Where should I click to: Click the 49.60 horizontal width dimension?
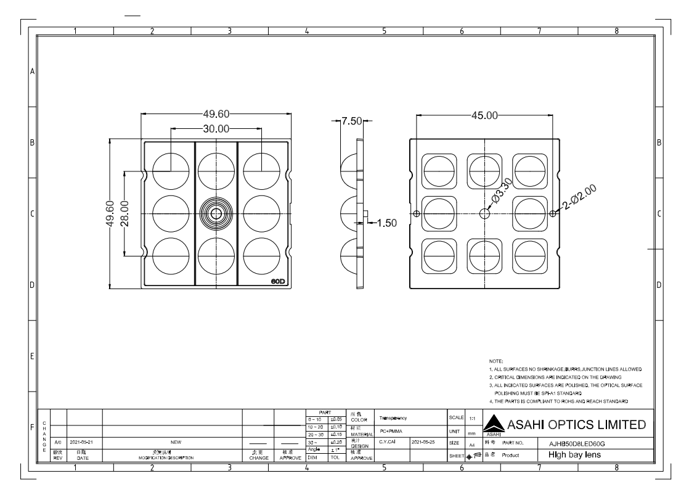[217, 114]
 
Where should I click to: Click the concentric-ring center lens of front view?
[217, 213]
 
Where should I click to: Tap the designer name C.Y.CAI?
[388, 443]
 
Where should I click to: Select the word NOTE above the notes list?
[495, 360]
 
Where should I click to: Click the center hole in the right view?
[485, 213]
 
